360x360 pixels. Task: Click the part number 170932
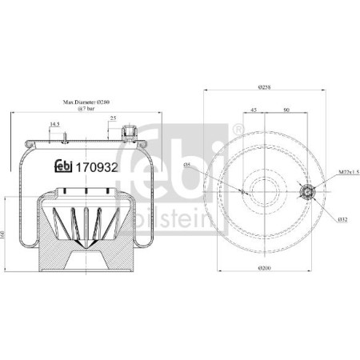tap(97, 167)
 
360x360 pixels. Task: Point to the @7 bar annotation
tap(86, 110)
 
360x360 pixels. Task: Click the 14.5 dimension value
tap(55, 124)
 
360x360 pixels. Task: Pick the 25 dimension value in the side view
tap(112, 119)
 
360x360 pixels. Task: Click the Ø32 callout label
tap(341, 219)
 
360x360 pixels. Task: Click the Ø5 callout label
tap(186, 164)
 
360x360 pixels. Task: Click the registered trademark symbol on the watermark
tap(238, 130)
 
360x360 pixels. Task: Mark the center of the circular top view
tap(265, 191)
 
